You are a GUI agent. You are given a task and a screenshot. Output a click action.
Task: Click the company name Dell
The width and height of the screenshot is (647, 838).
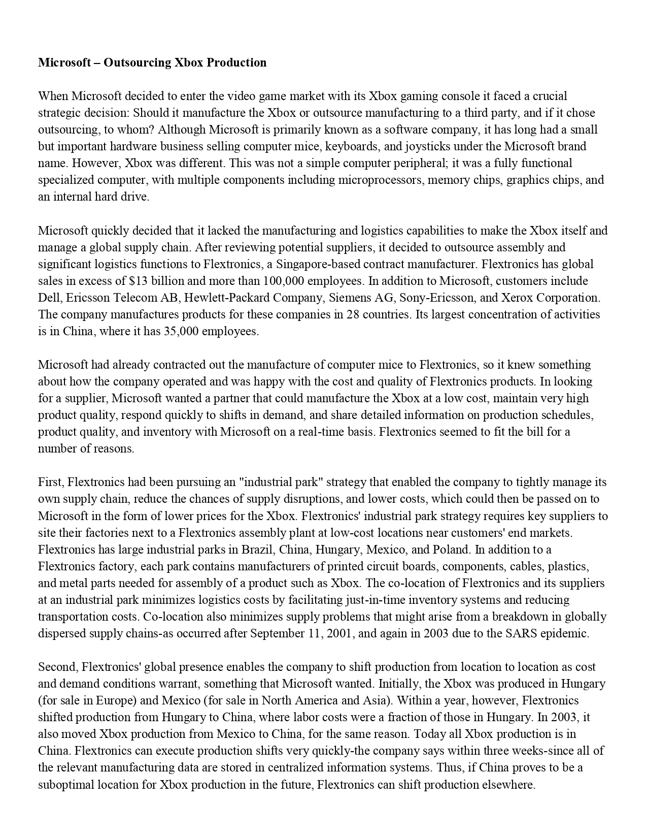click(48, 298)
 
